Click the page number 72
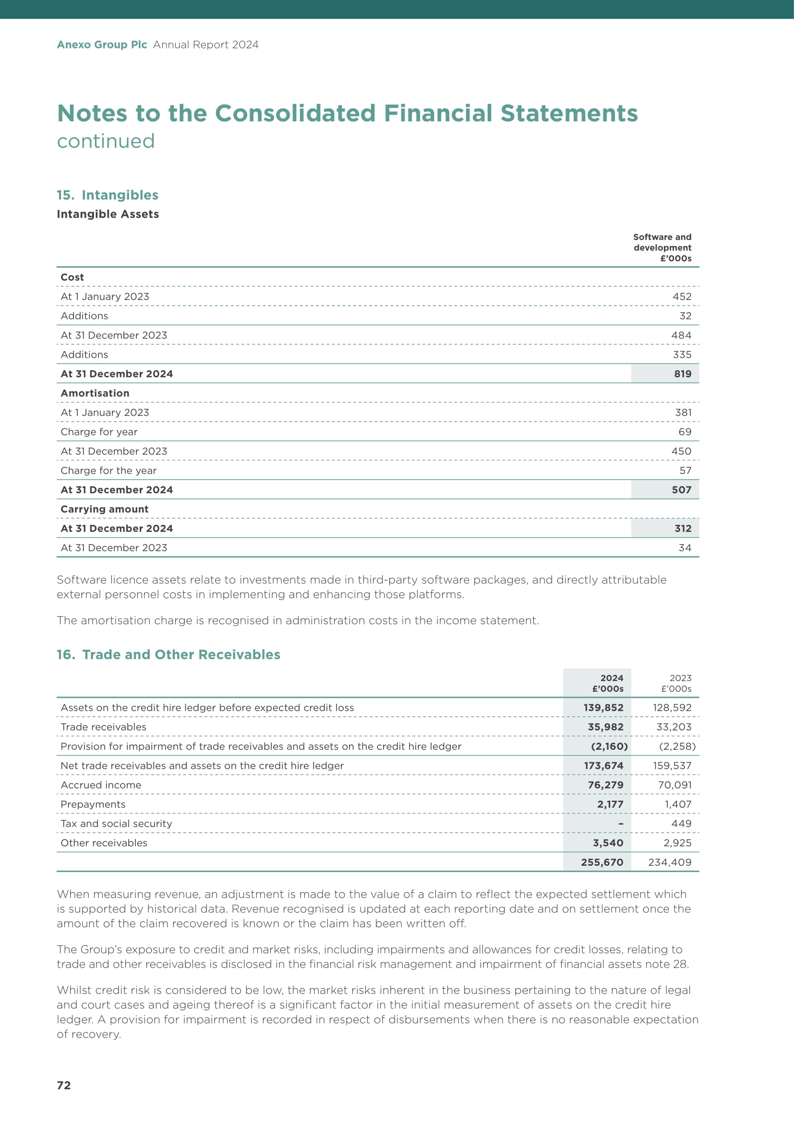click(x=64, y=1085)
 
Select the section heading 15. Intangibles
click(x=108, y=195)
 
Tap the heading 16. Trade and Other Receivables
click(x=168, y=654)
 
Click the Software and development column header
click(x=662, y=247)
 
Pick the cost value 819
click(x=683, y=374)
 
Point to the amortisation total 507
click(x=682, y=490)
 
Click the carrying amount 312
click(x=683, y=528)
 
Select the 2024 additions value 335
click(x=682, y=354)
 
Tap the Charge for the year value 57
click(x=686, y=470)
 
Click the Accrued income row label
click(x=101, y=785)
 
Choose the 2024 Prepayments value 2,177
click(x=610, y=804)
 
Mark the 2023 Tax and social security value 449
click(x=682, y=824)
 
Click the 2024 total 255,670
click(x=602, y=862)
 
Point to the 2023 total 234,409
click(x=670, y=862)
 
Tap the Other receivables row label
click(x=104, y=842)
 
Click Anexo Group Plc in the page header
click(x=102, y=45)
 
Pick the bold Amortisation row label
click(x=95, y=393)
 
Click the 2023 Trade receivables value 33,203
click(x=674, y=727)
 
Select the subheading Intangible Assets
click(x=108, y=214)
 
